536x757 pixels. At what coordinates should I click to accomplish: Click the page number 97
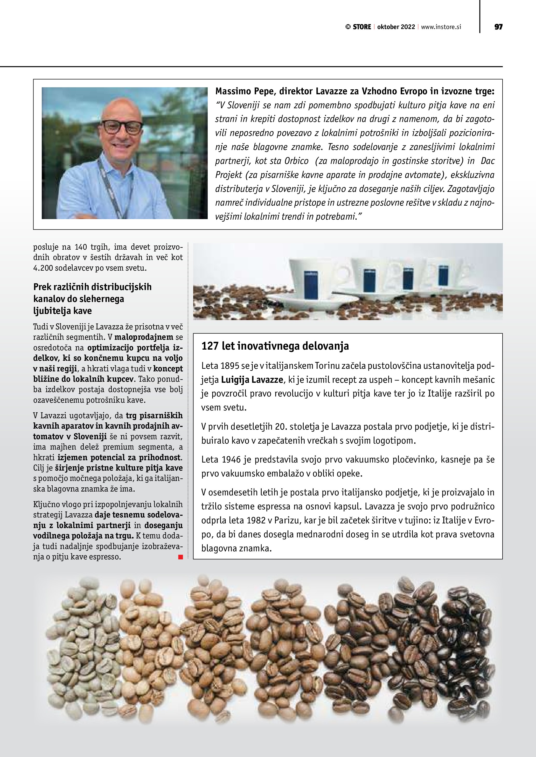point(498,27)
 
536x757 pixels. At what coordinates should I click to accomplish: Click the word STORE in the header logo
point(362,27)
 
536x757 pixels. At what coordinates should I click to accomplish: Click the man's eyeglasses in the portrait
point(122,127)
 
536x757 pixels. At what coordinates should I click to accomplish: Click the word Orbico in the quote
point(296,161)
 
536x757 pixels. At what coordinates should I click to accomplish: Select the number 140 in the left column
point(81,247)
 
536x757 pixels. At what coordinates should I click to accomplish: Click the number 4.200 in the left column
point(43,268)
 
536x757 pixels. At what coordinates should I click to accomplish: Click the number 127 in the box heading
point(210,346)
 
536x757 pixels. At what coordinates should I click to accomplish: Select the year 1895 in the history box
point(230,366)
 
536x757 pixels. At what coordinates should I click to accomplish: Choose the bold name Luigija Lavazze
point(252,380)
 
